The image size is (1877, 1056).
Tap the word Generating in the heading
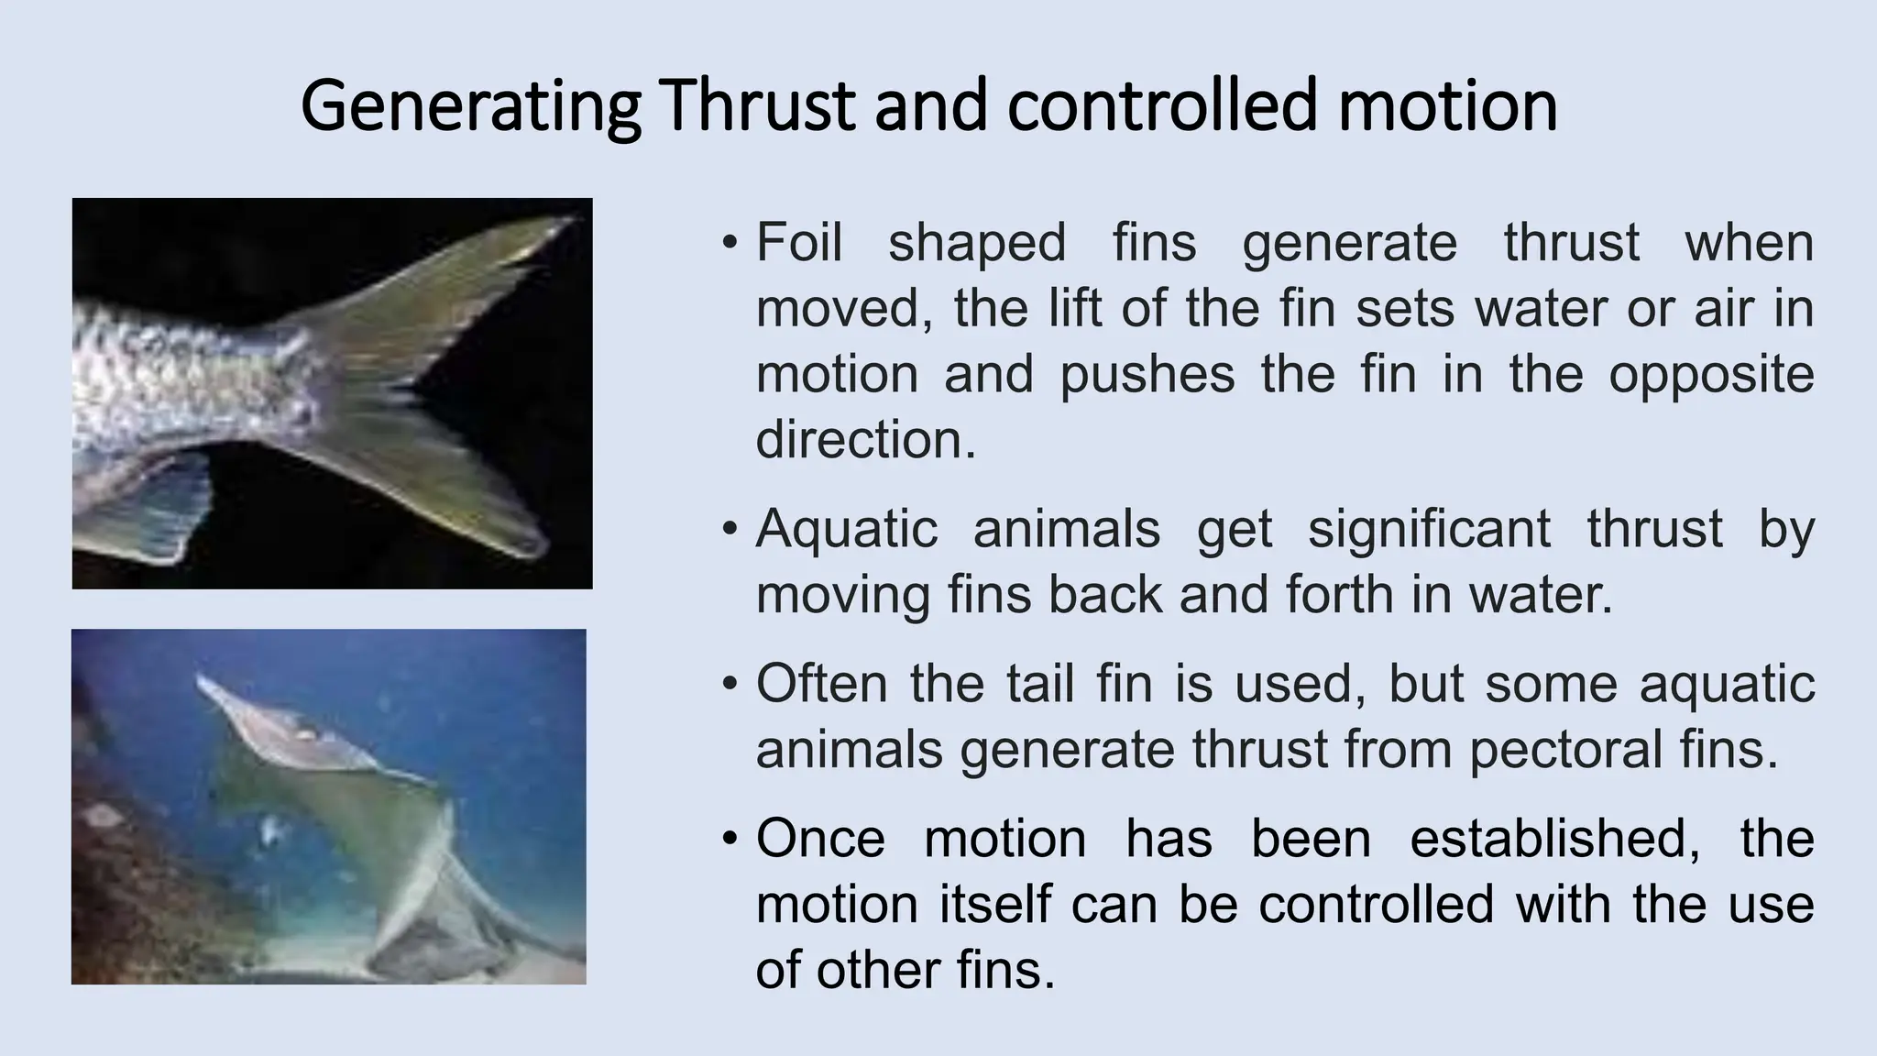click(x=470, y=108)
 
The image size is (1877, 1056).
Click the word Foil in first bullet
click(x=798, y=243)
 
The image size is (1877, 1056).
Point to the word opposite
click(x=1711, y=375)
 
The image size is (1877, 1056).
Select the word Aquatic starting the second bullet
click(x=846, y=530)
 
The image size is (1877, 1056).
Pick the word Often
click(x=822, y=684)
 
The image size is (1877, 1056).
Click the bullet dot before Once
click(x=730, y=840)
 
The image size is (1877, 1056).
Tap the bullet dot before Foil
click(x=730, y=244)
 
